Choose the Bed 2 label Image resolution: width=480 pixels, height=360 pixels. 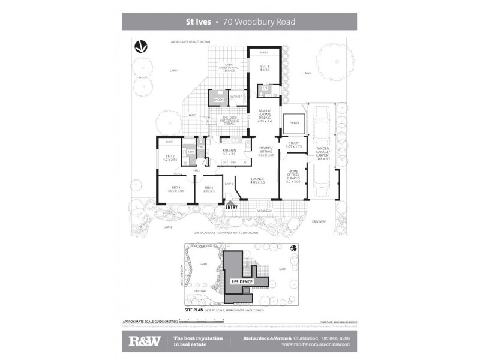170,158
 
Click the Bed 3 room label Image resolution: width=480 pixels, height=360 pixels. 176,188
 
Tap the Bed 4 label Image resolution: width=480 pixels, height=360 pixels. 208,188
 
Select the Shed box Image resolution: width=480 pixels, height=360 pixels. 295,123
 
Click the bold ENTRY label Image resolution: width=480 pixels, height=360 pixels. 232,208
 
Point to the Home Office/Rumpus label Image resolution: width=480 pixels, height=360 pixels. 293,176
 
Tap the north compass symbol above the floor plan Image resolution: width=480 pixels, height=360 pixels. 140,46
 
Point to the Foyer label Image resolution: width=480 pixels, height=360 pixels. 229,184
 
